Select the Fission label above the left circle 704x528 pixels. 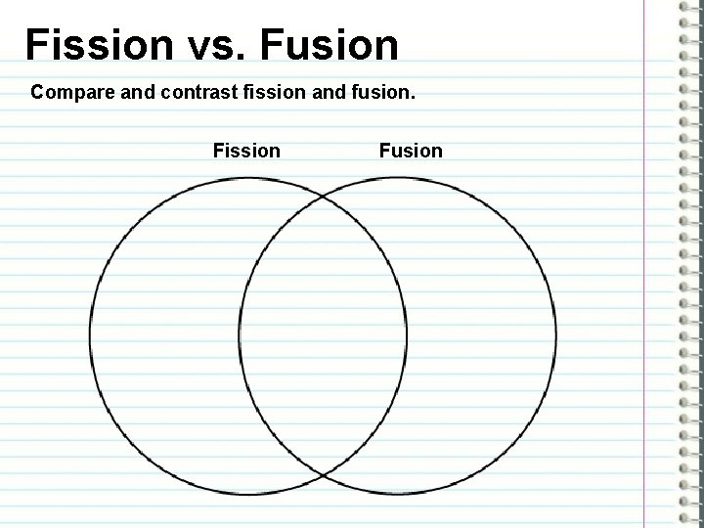click(x=246, y=151)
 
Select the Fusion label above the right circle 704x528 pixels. click(x=411, y=151)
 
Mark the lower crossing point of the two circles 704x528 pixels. click(x=324, y=475)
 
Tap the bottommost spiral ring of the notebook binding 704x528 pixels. click(x=686, y=517)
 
